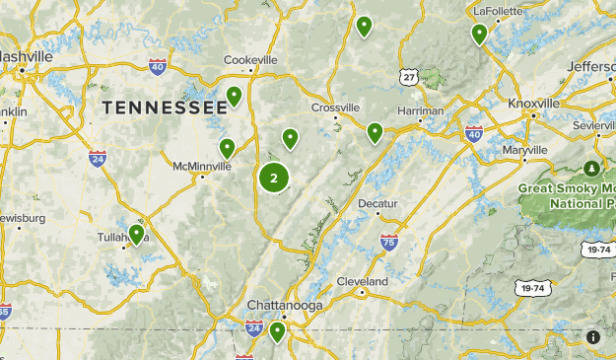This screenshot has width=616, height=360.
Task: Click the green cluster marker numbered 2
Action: coord(274,179)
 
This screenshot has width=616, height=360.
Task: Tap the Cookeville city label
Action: coord(250,59)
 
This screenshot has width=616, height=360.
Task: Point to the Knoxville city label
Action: coord(533,103)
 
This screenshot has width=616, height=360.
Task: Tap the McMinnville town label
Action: coord(202,166)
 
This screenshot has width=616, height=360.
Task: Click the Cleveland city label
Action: coord(363,281)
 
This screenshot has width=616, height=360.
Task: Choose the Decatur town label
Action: coord(377,203)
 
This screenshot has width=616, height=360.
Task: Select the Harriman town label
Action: coord(421,111)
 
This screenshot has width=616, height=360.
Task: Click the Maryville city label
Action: coord(523,150)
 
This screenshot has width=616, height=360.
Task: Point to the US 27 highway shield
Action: coord(409,75)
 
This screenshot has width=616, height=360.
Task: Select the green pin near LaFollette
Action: coord(479,34)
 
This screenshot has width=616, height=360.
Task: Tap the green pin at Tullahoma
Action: coord(136,234)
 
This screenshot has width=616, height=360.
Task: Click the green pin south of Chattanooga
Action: coord(277,331)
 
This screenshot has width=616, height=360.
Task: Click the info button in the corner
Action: coord(593,337)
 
